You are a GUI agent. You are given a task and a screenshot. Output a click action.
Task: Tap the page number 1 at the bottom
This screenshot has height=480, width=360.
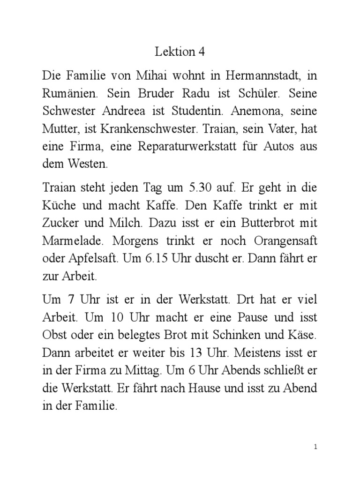[316, 447]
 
